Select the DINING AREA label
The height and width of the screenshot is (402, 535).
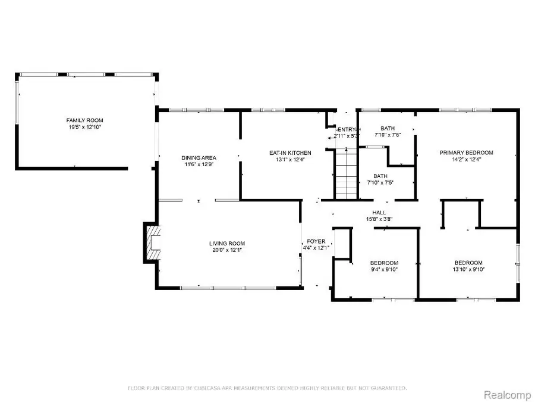[197, 158]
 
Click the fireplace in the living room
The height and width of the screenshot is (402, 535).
[152, 242]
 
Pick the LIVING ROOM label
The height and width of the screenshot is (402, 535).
[226, 243]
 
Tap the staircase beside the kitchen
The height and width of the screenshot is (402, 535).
[345, 174]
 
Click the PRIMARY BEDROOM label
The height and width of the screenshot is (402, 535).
[466, 153]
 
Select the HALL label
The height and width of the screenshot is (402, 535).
[379, 212]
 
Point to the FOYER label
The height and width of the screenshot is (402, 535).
[316, 241]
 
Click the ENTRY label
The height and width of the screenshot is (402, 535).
[347, 129]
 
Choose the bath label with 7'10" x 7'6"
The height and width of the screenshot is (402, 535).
[388, 129]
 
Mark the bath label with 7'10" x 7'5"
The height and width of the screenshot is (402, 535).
[380, 176]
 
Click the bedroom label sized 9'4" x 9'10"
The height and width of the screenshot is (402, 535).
[384, 263]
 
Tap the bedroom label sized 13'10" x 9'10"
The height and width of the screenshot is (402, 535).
[468, 263]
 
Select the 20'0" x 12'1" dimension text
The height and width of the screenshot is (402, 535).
[226, 250]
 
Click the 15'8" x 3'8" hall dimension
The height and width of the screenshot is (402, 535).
[379, 219]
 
